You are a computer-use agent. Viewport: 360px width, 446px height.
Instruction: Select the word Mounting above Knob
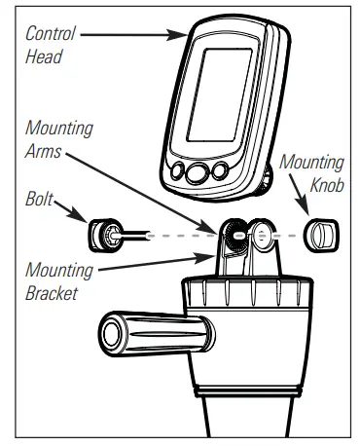[x=311, y=163]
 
